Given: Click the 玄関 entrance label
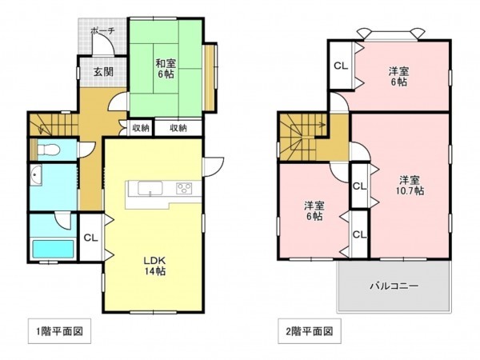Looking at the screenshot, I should click(103, 72).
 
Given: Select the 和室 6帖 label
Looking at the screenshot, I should click(166, 70).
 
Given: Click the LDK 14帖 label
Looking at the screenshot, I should click(154, 265).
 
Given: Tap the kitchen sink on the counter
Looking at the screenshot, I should click(149, 189).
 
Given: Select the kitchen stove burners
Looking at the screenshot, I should click(184, 189).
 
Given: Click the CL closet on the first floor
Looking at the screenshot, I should click(90, 237).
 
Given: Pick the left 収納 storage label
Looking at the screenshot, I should click(140, 127).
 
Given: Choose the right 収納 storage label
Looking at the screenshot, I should click(178, 127).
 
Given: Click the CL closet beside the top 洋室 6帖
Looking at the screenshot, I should click(340, 66).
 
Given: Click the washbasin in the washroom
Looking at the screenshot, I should click(36, 177).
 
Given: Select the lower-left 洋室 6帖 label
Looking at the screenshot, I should click(313, 210).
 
